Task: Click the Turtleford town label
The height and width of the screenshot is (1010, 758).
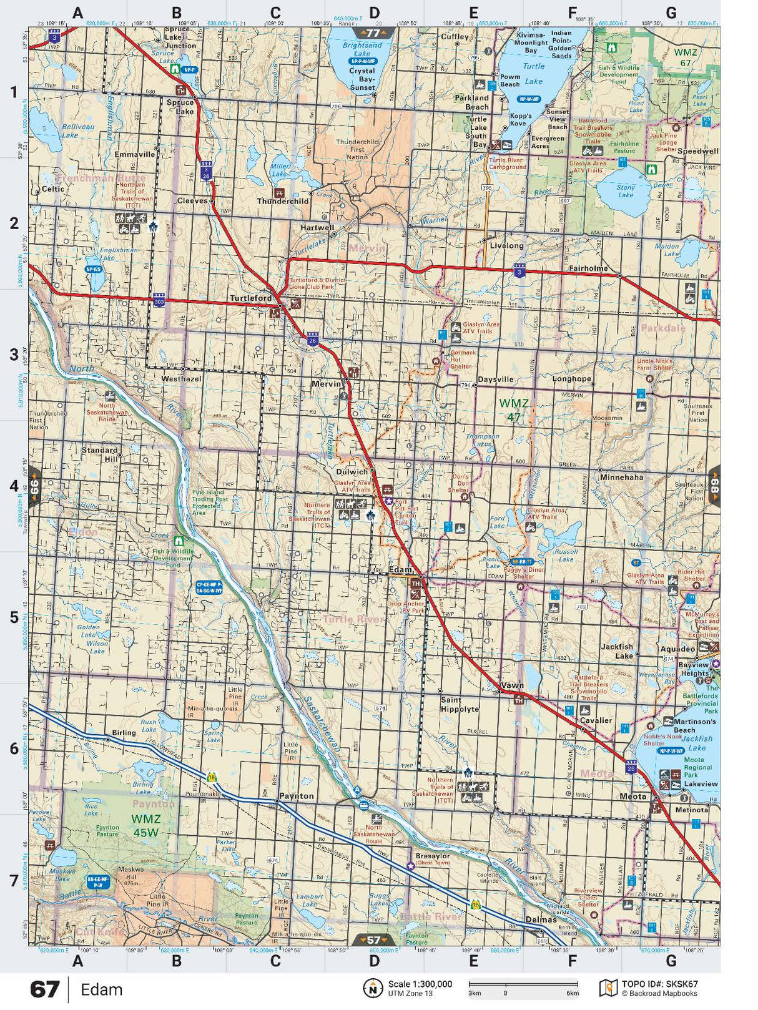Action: (x=250, y=298)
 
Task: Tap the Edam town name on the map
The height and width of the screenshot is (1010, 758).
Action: (x=400, y=569)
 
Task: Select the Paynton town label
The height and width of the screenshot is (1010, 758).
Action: (x=296, y=796)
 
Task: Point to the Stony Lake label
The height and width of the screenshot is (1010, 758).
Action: (x=625, y=191)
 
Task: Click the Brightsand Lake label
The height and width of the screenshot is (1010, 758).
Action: (x=362, y=49)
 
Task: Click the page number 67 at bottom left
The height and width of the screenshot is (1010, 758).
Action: (x=45, y=990)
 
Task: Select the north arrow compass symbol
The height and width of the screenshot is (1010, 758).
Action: (x=373, y=988)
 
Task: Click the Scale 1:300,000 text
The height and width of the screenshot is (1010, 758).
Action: (x=420, y=984)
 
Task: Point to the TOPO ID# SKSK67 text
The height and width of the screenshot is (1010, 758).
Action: (x=659, y=984)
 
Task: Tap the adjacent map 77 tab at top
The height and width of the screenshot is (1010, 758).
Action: (x=373, y=33)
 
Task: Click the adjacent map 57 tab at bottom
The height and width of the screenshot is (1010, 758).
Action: (x=373, y=939)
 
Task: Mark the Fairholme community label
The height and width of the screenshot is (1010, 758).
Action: (x=588, y=268)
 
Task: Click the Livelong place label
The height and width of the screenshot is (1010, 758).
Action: (x=506, y=245)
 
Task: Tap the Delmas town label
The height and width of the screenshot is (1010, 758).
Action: (x=541, y=919)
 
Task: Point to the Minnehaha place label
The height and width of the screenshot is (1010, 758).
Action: (x=621, y=477)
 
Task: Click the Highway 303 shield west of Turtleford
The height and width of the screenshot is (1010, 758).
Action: (x=159, y=301)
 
